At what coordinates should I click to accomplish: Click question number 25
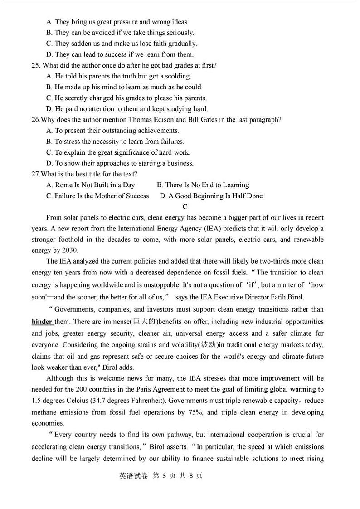(36, 65)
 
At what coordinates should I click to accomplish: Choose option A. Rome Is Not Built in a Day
(91, 185)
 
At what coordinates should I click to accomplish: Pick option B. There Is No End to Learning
(203, 185)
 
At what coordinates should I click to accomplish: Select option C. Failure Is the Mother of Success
(97, 196)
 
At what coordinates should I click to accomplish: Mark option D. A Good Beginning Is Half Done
(211, 196)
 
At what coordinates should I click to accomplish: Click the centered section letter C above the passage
(185, 207)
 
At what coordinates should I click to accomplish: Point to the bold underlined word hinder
(42, 322)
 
